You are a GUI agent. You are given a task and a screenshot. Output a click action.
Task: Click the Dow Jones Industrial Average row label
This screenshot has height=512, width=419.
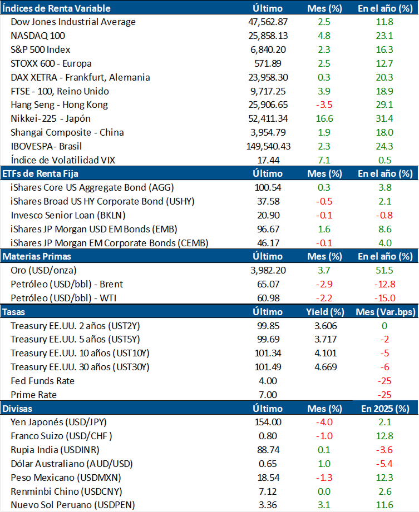(x=73, y=22)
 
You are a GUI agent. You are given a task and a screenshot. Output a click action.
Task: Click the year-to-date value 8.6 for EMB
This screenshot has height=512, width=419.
(x=385, y=229)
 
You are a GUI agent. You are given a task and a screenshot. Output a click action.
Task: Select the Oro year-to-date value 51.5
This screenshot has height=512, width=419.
(x=385, y=270)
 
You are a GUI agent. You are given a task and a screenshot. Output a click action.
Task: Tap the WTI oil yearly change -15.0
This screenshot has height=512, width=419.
(x=385, y=298)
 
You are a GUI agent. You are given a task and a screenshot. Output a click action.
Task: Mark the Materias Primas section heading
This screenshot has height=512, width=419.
(x=37, y=256)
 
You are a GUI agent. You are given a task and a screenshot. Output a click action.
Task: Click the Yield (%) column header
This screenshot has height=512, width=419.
(x=325, y=312)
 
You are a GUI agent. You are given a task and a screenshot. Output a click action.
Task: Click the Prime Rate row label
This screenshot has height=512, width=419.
(x=34, y=395)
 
